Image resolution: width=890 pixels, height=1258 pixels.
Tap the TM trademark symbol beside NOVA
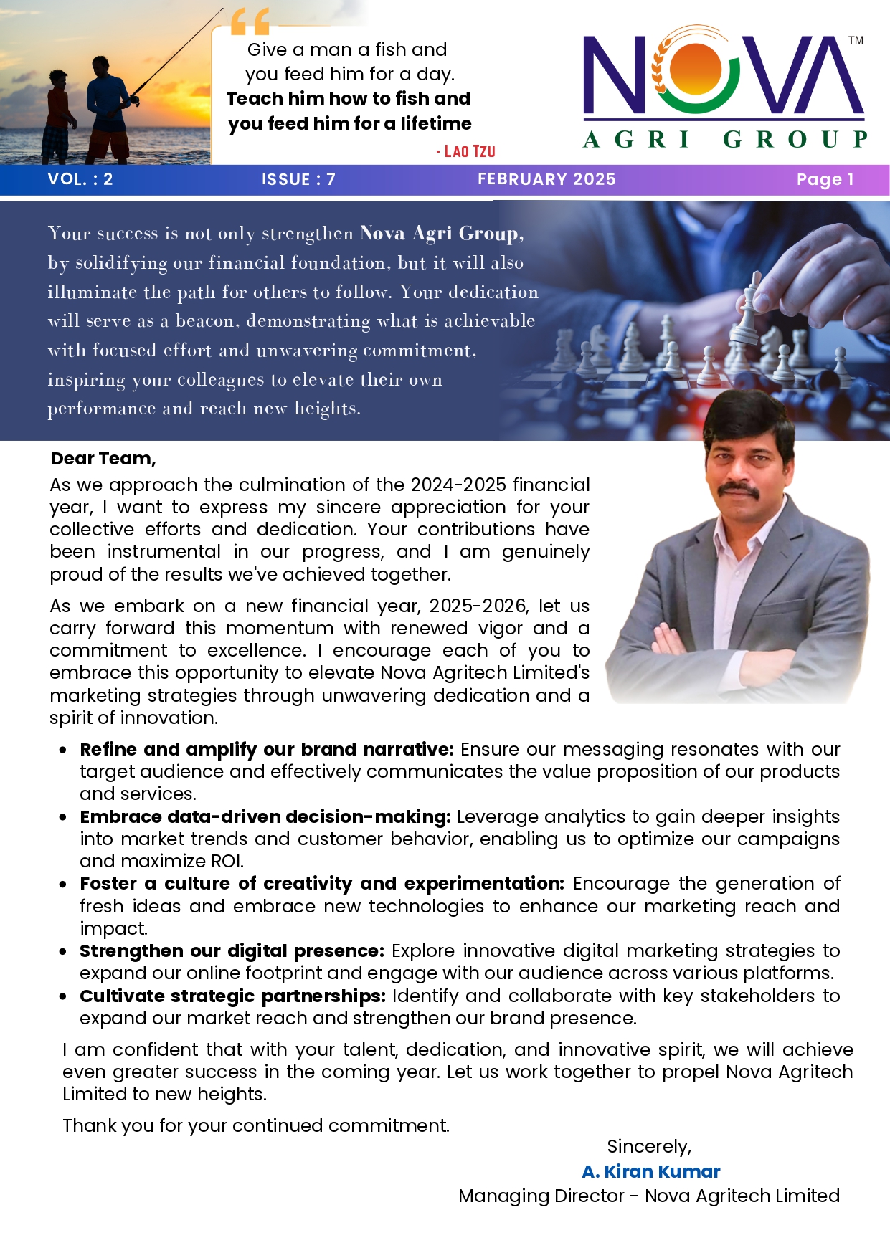point(856,40)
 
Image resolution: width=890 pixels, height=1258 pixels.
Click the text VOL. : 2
point(80,179)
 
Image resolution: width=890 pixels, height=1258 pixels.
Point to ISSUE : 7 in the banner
point(298,179)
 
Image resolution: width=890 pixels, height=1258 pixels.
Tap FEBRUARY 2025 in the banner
point(546,179)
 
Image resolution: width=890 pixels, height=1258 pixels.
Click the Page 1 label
point(825,179)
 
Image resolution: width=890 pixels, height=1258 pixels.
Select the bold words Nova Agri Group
point(442,234)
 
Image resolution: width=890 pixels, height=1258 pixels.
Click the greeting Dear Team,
point(103,459)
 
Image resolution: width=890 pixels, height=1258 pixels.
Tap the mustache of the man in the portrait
point(739,489)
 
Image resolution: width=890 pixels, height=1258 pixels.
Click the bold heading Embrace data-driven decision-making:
point(265,817)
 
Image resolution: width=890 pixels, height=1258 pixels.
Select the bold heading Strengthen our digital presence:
point(232,951)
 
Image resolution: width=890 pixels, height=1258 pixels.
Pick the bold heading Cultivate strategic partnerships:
point(233,996)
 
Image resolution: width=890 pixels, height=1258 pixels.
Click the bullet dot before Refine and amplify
point(64,750)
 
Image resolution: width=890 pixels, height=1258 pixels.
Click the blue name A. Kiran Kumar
point(651,1171)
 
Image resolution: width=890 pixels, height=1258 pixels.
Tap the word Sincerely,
point(649,1147)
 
